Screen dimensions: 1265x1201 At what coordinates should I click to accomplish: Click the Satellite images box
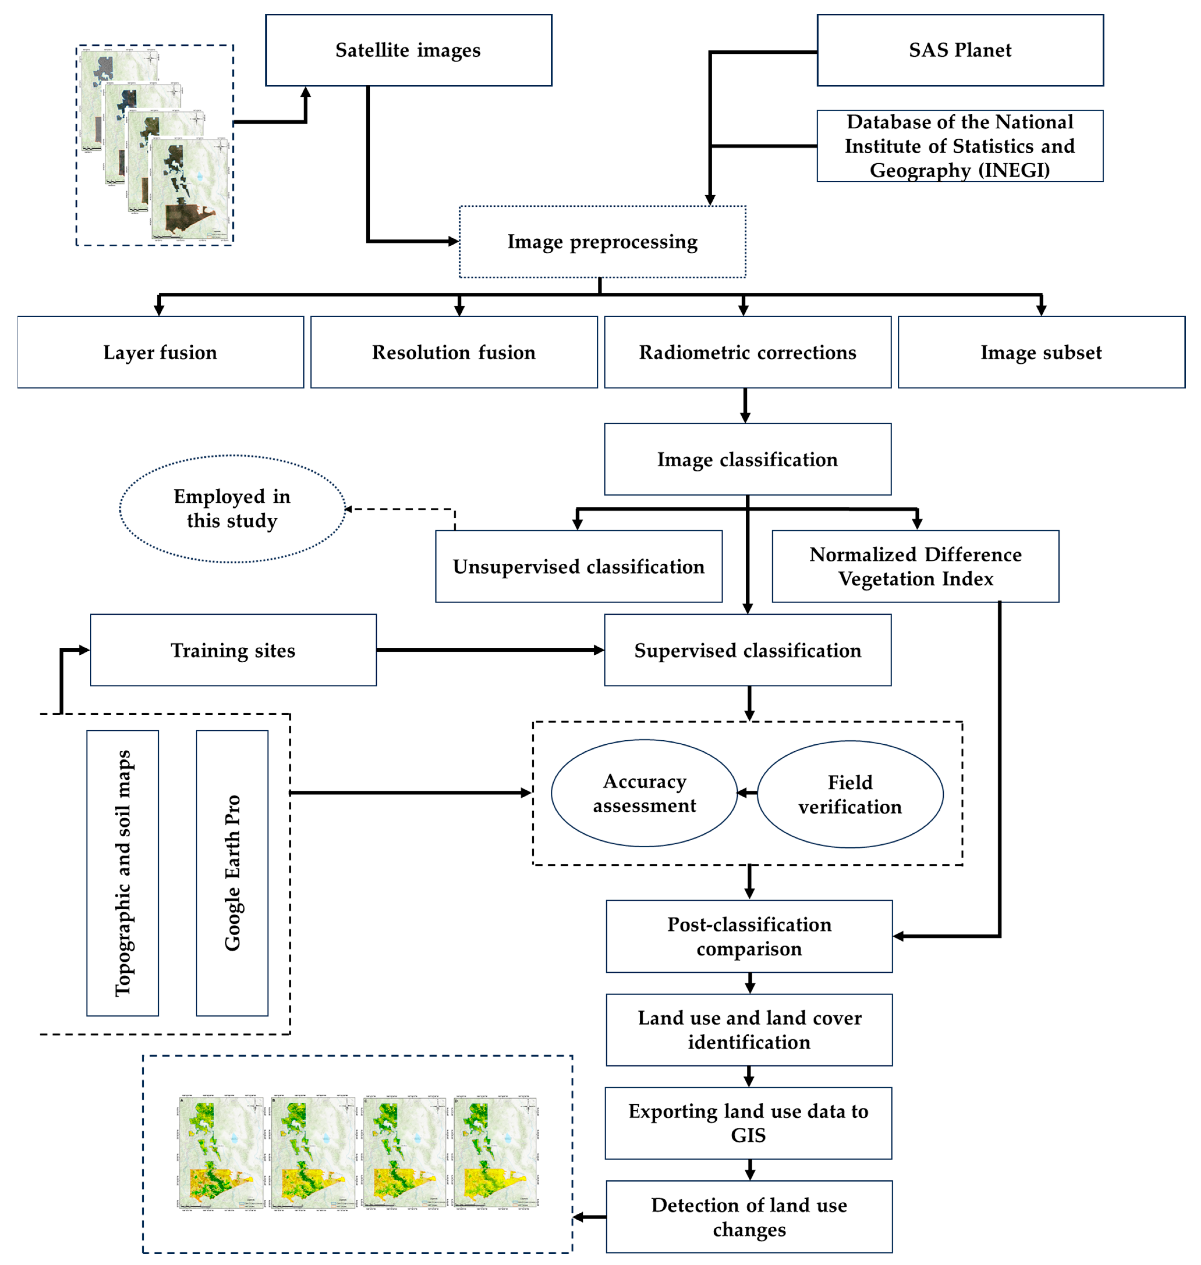[408, 50]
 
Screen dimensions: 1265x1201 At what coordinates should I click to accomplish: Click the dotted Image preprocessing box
[602, 242]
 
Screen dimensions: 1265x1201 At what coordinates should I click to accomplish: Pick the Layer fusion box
[160, 352]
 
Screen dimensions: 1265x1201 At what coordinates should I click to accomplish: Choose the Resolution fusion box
[454, 352]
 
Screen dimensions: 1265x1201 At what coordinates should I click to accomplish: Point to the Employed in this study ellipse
[232, 509]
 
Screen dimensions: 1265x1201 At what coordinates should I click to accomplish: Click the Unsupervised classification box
[579, 566]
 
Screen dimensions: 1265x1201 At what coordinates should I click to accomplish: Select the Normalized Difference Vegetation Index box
[915, 566]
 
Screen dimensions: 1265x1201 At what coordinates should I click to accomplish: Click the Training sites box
[233, 650]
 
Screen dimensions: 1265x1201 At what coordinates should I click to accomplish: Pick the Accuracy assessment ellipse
[644, 793]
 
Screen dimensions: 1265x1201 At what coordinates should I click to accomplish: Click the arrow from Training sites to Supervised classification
[490, 650]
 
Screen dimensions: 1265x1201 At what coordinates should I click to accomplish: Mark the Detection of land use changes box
[749, 1217]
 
